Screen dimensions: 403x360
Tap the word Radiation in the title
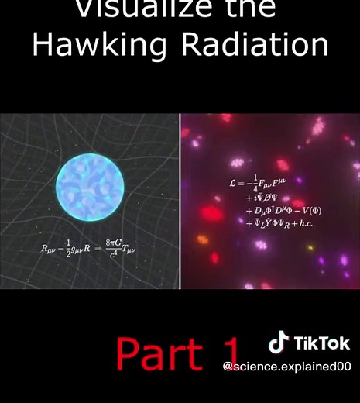point(255,45)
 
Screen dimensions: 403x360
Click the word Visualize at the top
point(135,8)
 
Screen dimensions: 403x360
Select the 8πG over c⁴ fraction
point(116,249)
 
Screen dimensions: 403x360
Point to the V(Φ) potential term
point(297,211)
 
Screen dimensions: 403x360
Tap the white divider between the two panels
point(180,201)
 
